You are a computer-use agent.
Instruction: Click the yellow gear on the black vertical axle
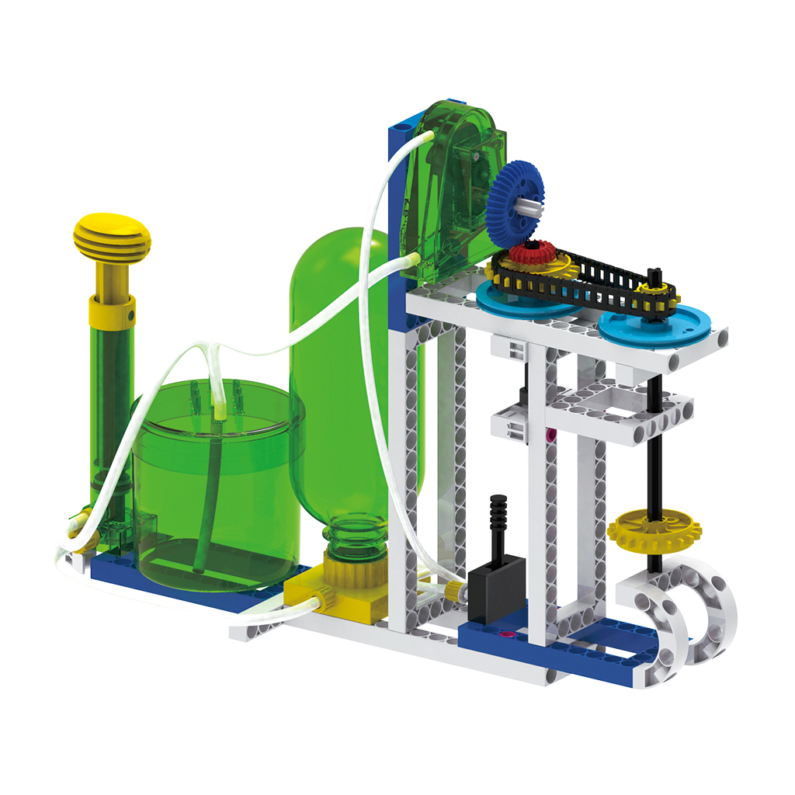pos(654,531)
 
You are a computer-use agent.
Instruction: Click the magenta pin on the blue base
pos(508,635)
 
